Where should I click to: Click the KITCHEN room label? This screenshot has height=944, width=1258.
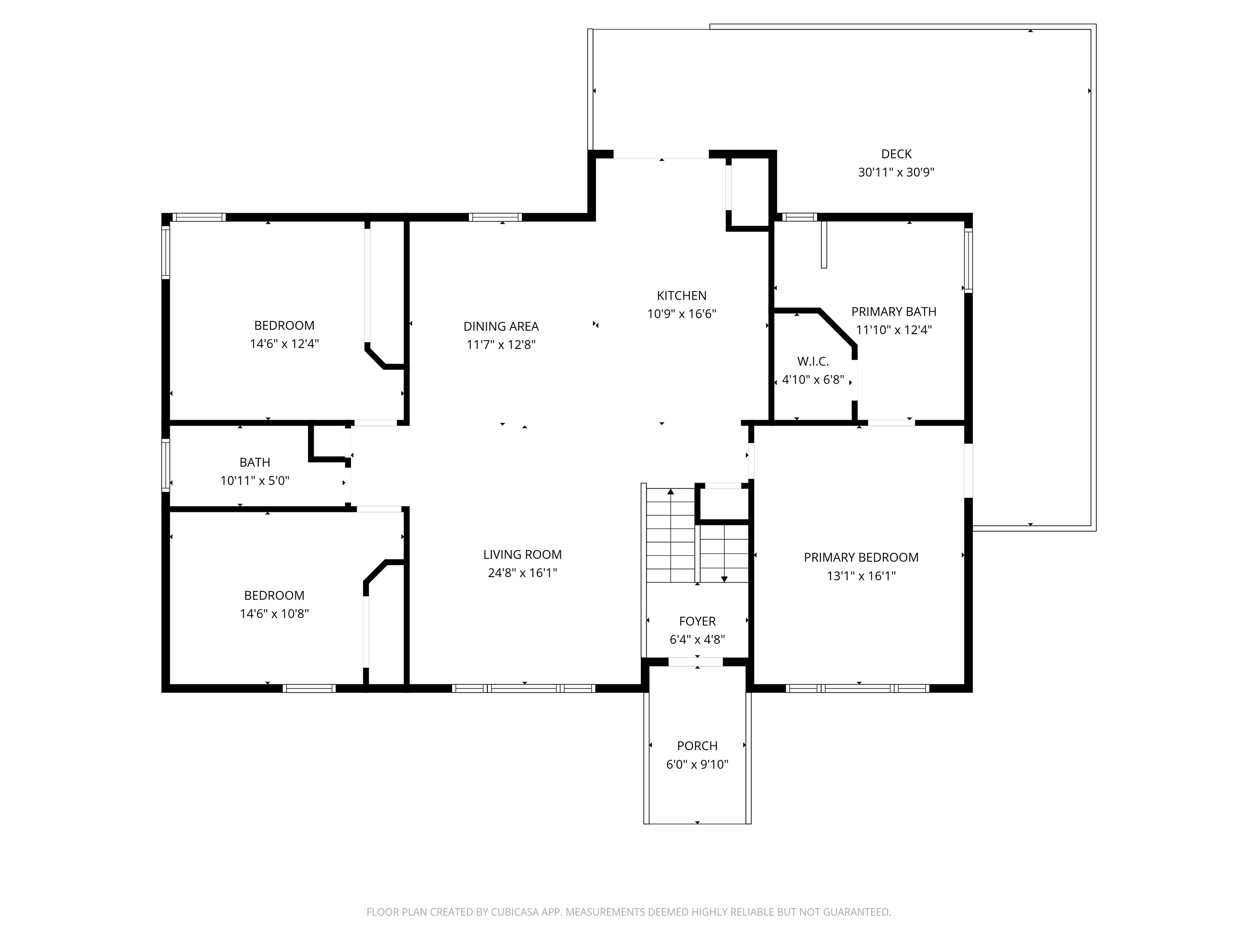click(681, 295)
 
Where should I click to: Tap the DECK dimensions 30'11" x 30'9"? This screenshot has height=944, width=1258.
click(896, 172)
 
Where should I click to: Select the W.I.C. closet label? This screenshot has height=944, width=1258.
click(813, 361)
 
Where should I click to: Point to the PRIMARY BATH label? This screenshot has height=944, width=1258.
click(893, 311)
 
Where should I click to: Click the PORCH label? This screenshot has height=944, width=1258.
click(697, 745)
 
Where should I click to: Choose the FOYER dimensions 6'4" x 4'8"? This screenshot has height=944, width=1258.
click(697, 640)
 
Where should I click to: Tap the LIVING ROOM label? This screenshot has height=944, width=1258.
click(522, 554)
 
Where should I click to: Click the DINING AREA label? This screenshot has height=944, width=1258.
click(501, 326)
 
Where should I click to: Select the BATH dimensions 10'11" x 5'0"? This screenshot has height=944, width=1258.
click(255, 481)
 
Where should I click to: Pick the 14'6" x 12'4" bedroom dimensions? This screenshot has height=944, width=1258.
click(284, 343)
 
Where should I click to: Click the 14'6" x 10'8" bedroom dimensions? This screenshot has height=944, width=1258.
click(274, 613)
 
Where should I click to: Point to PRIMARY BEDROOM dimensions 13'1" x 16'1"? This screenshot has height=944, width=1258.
click(861, 576)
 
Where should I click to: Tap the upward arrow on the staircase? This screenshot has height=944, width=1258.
click(671, 492)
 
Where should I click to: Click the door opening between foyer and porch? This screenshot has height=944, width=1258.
click(695, 662)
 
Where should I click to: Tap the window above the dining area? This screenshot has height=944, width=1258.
click(495, 217)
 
